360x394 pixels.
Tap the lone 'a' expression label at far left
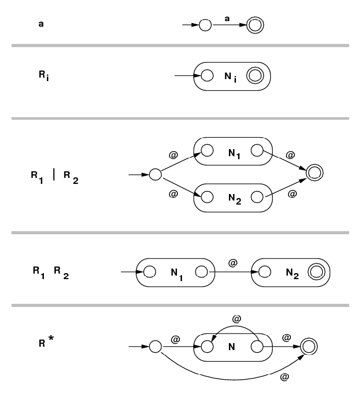point(41,23)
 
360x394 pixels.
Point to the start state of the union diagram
point(155,175)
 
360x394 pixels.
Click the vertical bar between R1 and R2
point(54,179)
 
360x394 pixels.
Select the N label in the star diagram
point(232,347)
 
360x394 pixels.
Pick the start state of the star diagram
point(155,347)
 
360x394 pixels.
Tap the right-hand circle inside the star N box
point(258,347)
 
